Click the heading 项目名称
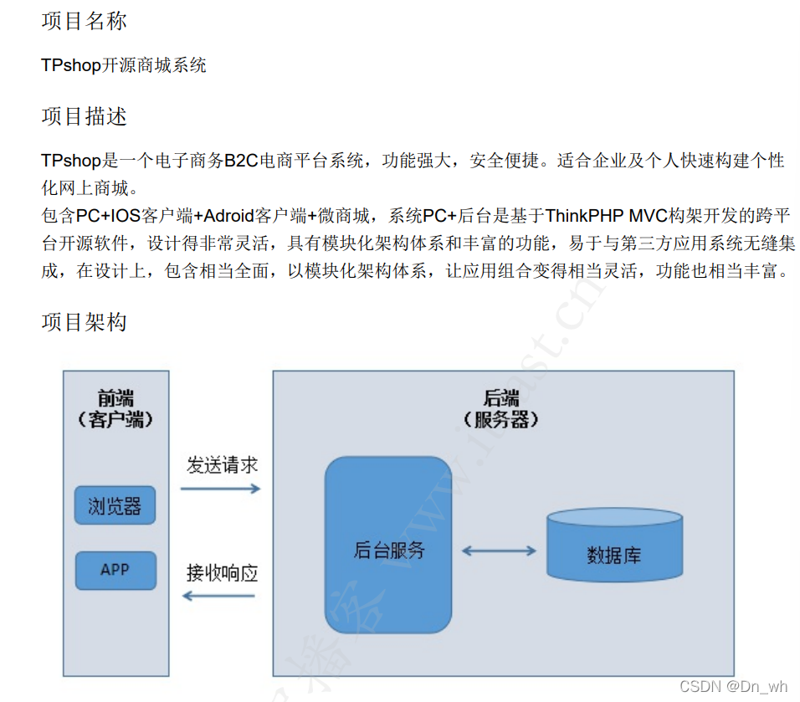[x=84, y=22]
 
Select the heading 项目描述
[x=84, y=116]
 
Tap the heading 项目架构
[x=84, y=322]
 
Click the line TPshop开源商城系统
[x=123, y=65]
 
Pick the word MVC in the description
[x=647, y=216]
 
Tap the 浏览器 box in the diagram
[x=115, y=505]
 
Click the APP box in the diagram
[x=115, y=570]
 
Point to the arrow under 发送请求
[x=221, y=488]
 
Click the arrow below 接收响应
[x=219, y=596]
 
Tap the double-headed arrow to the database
[x=499, y=551]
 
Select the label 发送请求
[x=222, y=465]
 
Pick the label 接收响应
[x=222, y=573]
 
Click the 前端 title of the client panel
[x=115, y=399]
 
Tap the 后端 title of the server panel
[x=502, y=399]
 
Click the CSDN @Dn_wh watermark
[x=733, y=686]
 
